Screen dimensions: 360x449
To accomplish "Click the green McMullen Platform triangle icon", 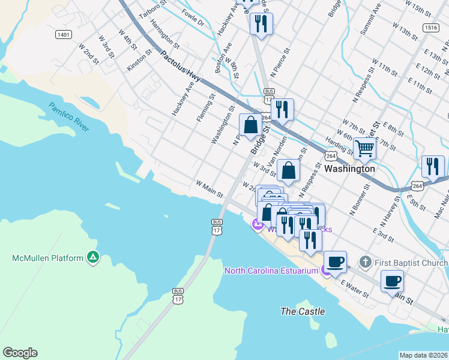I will point(92,258).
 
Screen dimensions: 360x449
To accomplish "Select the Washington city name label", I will point(349,169).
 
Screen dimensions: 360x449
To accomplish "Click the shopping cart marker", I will point(364,148).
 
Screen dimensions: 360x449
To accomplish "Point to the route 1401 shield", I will point(64,35).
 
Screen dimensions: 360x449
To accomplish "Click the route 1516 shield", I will point(430,27).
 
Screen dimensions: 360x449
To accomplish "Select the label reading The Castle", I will point(303,311).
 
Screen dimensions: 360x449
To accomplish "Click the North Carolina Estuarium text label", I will point(271,271).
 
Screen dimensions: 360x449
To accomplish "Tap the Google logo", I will point(20,353).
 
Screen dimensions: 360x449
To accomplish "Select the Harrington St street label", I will point(164,36).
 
